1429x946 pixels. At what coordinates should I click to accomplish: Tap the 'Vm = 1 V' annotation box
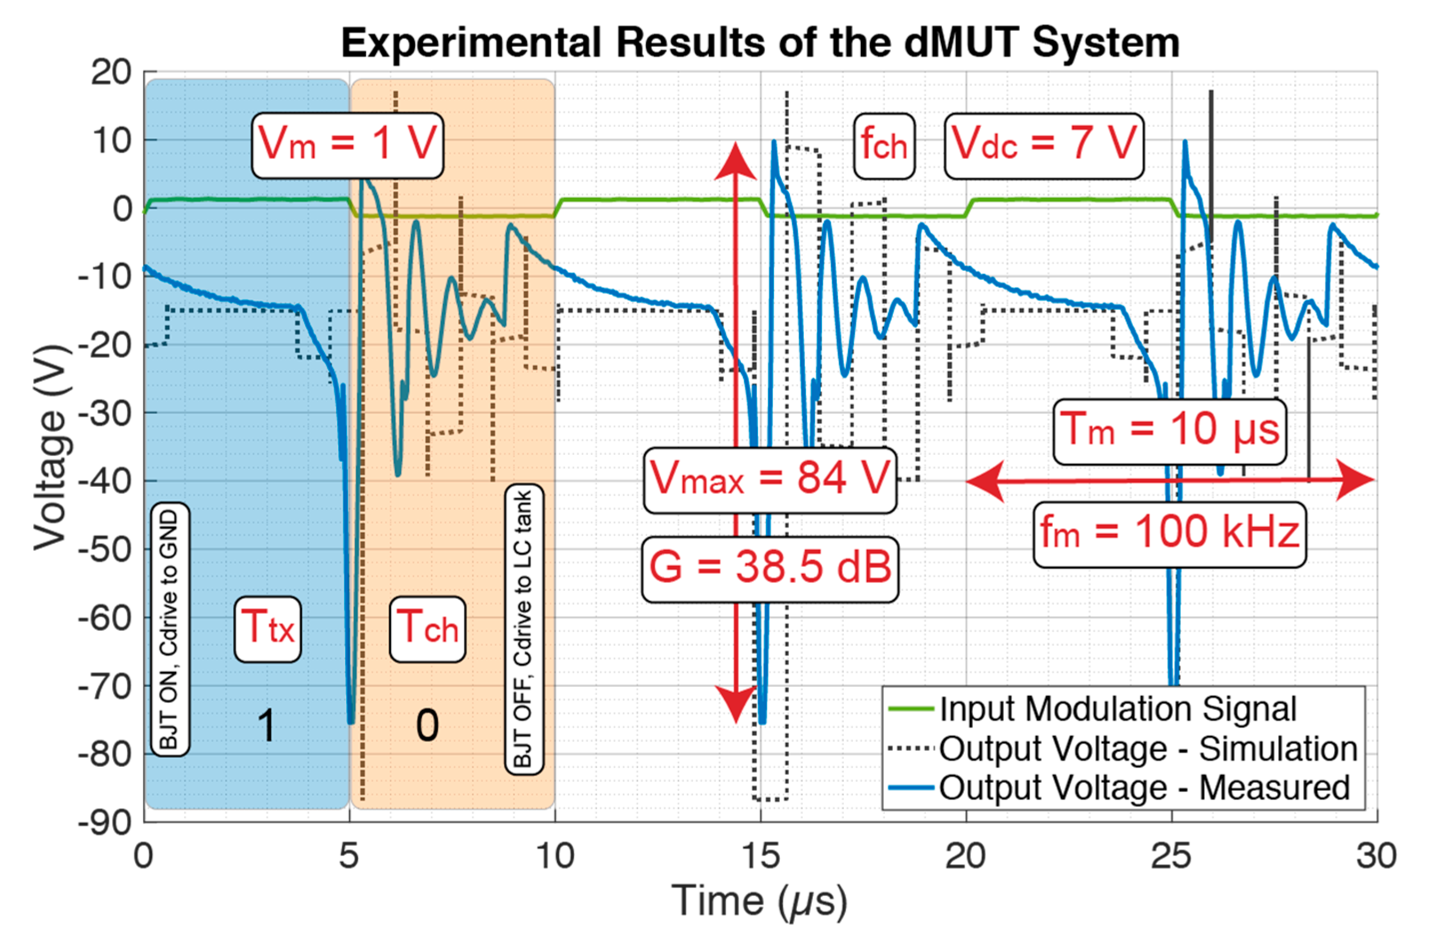347,145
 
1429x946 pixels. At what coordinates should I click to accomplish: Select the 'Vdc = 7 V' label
1044,145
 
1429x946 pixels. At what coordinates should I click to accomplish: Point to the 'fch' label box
884,145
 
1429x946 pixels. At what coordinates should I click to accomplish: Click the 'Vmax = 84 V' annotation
770,479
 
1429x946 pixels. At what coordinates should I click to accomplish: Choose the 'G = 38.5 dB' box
770,569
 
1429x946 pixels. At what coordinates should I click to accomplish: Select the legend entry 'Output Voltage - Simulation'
1148,748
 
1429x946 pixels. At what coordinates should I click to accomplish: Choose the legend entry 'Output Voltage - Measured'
1144,787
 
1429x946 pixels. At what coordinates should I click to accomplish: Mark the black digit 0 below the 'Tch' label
428,726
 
